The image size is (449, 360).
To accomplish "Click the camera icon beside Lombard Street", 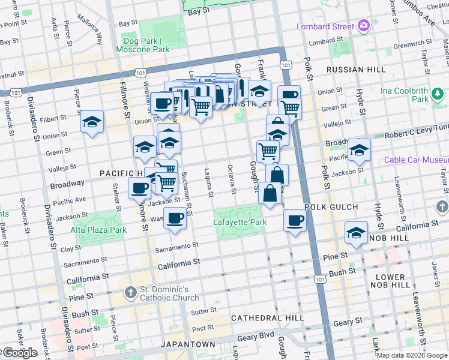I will click(363, 26).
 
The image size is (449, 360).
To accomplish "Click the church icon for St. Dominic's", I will click(130, 293).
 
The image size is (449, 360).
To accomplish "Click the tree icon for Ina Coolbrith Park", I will click(439, 94).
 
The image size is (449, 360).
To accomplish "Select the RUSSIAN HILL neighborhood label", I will click(355, 70).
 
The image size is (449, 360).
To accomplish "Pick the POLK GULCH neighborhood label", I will click(331, 207).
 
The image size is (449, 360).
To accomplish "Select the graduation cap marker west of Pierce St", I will click(92, 122).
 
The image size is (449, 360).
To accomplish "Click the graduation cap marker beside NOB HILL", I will click(357, 233).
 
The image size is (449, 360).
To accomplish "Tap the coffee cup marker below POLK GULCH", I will click(295, 221).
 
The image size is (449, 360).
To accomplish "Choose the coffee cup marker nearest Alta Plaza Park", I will click(139, 188).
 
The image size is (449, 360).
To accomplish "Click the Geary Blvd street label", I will click(256, 337).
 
